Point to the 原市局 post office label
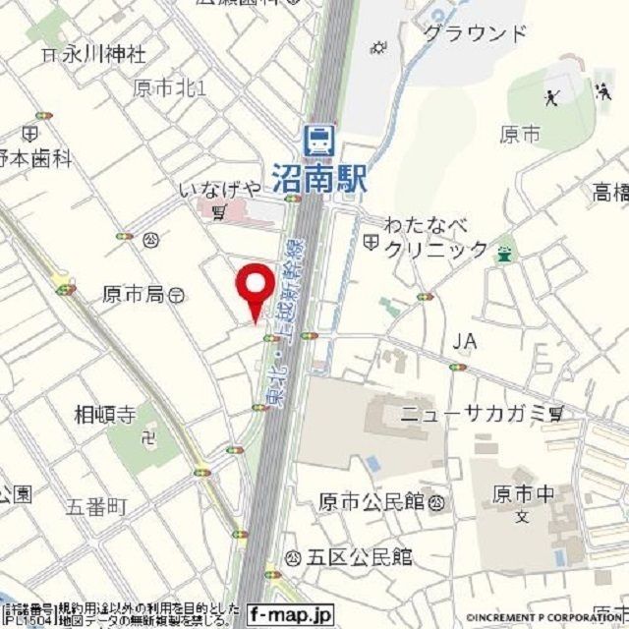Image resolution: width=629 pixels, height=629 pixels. [x=134, y=294]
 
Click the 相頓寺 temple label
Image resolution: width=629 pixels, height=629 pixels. [x=105, y=415]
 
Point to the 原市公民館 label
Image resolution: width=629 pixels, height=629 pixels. [x=372, y=503]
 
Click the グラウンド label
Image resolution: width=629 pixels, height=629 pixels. [x=475, y=34]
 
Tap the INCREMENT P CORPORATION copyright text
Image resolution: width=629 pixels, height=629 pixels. [x=546, y=616]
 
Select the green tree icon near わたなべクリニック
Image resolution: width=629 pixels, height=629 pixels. [x=505, y=252]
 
